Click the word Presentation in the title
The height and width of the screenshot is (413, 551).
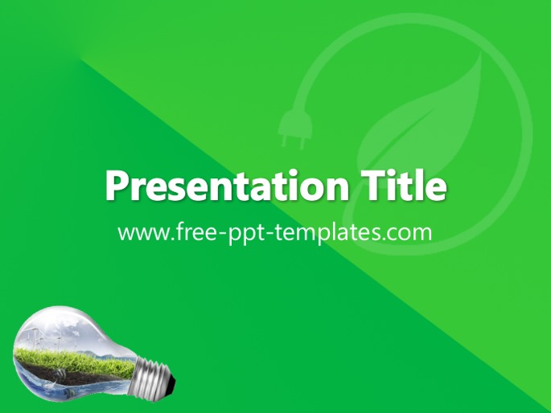coord(227,186)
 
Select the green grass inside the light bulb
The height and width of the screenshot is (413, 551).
coord(74,359)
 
